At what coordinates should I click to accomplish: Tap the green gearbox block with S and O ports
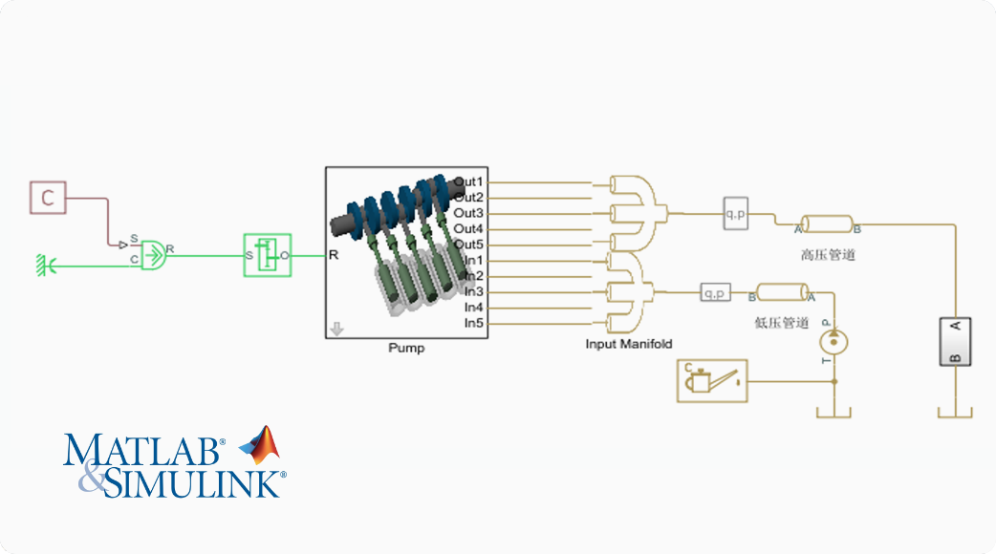(x=267, y=255)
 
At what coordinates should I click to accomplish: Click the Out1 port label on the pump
(x=469, y=181)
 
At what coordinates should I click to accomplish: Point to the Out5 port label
(x=469, y=245)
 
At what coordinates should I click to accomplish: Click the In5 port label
(x=474, y=324)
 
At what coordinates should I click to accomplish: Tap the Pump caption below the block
(x=406, y=349)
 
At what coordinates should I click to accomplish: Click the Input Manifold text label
(x=629, y=344)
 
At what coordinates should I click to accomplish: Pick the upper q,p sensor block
(x=736, y=215)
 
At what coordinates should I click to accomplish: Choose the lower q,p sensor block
(x=715, y=292)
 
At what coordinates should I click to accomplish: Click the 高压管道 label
(x=827, y=256)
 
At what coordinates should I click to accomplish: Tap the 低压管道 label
(x=781, y=323)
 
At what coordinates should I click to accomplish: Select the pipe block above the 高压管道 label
(x=827, y=224)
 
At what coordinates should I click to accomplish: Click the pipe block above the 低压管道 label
(x=782, y=292)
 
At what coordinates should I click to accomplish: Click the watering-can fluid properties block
(x=712, y=381)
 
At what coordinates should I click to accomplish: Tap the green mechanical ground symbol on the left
(x=42, y=262)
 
